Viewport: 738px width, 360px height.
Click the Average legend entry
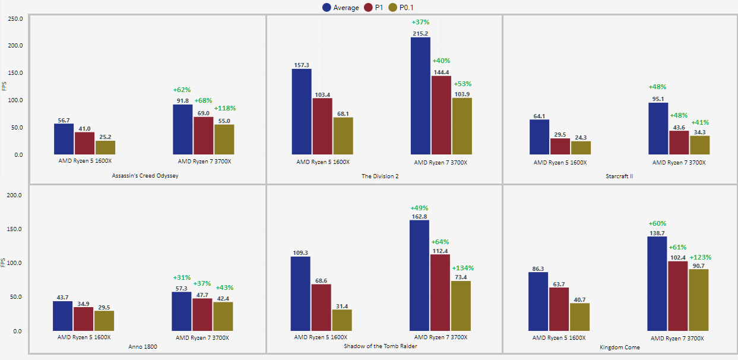point(340,8)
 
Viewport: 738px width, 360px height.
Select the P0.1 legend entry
point(406,8)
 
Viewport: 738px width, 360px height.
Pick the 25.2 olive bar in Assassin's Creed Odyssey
point(105,147)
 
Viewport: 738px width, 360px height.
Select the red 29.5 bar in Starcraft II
point(559,146)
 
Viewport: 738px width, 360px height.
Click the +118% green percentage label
point(225,108)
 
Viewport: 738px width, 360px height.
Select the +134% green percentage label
point(463,268)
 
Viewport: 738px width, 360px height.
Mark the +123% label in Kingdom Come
point(700,257)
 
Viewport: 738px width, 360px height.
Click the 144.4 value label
point(441,72)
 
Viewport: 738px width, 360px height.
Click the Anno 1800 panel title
point(142,346)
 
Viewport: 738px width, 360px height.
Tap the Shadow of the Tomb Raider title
point(380,346)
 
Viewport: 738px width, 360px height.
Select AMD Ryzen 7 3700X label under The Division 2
point(440,162)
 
